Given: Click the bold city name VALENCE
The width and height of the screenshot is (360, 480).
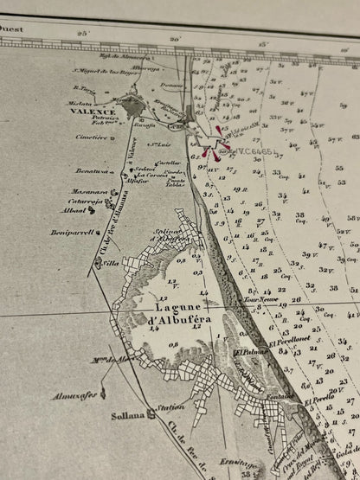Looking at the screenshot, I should click(93, 112).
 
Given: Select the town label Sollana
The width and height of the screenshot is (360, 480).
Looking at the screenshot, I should click(128, 413).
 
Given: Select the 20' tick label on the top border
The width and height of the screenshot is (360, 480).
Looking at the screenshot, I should click(176, 39).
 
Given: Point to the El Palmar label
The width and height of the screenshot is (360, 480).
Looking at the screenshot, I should click(247, 352).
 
